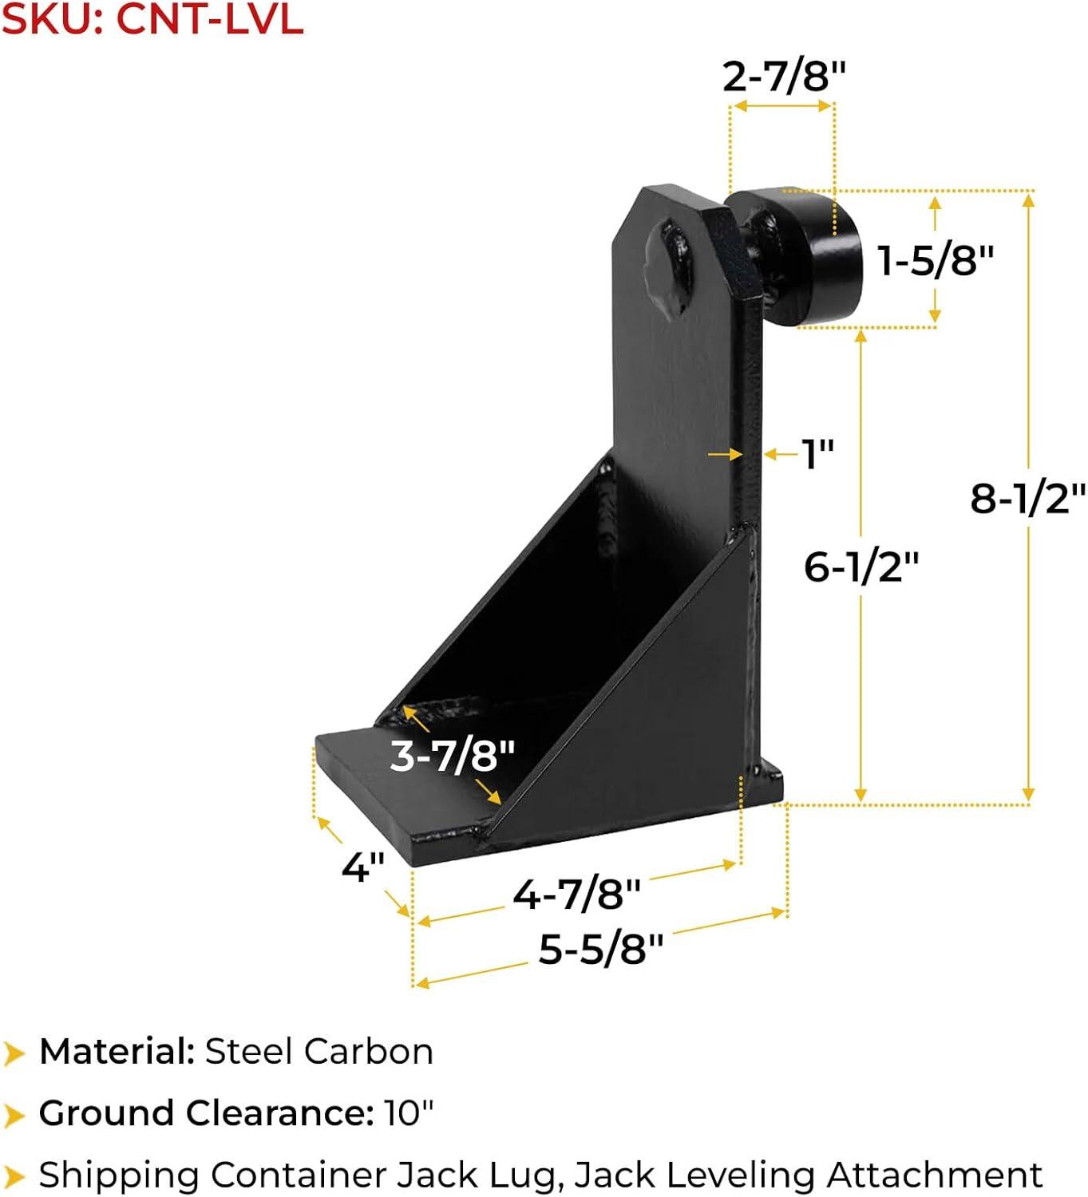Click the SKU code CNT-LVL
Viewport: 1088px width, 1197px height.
209,19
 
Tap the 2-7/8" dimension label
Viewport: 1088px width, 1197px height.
783,77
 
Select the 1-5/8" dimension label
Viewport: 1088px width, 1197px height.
936,260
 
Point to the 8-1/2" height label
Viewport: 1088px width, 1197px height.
1027,498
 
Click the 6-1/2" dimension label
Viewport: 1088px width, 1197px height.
861,567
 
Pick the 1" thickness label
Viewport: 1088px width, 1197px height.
817,454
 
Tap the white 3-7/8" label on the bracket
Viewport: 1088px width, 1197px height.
452,755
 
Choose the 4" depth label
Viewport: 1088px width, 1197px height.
363,867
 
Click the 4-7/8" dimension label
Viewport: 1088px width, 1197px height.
576,893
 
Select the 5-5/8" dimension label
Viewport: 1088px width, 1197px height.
600,949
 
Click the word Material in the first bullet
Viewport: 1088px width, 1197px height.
117,1052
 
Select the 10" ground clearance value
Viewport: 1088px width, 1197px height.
409,1112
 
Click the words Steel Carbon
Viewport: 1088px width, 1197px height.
319,1052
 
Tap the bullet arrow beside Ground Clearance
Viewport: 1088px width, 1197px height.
14,1114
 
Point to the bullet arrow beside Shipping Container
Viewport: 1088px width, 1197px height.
14,1175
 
